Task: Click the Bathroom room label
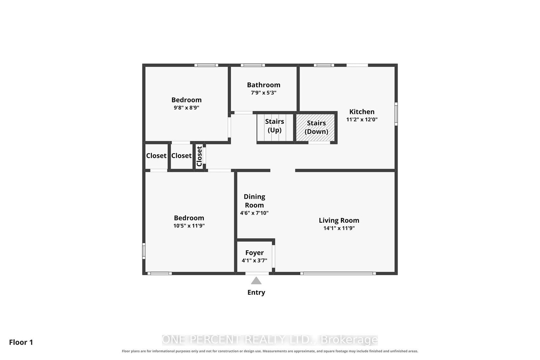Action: (x=264, y=85)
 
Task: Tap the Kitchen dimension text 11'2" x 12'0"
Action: (x=362, y=119)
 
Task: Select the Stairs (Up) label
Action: (x=275, y=126)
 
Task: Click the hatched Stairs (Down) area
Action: (x=315, y=128)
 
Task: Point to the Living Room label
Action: (x=339, y=220)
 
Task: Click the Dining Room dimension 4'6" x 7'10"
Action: (x=254, y=213)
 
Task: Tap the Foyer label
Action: (x=254, y=252)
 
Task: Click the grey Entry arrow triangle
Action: (x=256, y=281)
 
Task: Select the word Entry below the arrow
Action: (x=256, y=292)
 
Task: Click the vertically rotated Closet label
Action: (x=199, y=156)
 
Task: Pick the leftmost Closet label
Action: (x=156, y=156)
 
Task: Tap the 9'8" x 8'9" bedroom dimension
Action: (x=186, y=108)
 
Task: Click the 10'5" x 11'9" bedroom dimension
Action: (x=189, y=225)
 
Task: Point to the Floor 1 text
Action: (x=21, y=342)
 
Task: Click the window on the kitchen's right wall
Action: (x=396, y=114)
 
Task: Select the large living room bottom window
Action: (x=338, y=274)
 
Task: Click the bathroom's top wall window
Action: (x=253, y=65)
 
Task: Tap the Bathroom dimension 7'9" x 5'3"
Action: (x=264, y=92)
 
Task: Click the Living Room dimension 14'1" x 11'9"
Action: (x=339, y=228)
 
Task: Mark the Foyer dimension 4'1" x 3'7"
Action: (x=254, y=260)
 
